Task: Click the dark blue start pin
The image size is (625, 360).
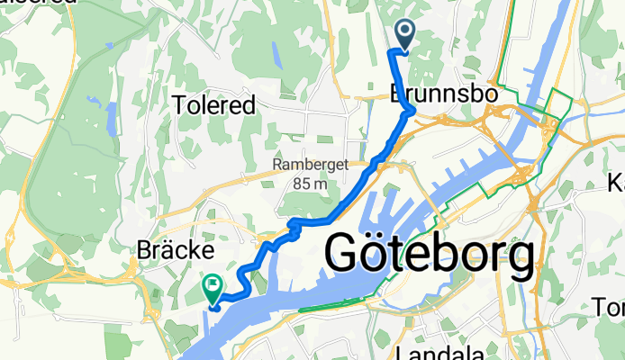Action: (x=403, y=36)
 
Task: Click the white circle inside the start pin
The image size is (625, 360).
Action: (x=403, y=32)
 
